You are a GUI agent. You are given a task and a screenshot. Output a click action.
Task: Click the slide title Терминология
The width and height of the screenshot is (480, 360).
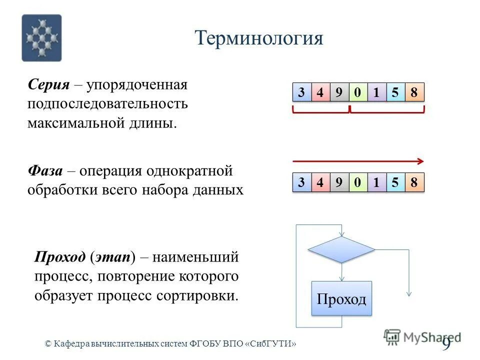pyautogui.click(x=258, y=38)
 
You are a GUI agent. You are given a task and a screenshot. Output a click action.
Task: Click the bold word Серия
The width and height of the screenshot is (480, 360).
pyautogui.click(x=48, y=84)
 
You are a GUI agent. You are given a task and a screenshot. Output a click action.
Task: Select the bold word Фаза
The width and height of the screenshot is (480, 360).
pyautogui.click(x=45, y=171)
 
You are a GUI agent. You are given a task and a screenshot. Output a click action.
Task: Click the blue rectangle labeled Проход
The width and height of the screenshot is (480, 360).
pyautogui.click(x=341, y=298)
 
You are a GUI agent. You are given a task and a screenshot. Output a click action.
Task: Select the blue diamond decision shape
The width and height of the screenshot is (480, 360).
pyautogui.click(x=341, y=249)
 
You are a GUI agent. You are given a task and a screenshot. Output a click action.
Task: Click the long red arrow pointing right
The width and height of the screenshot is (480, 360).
pyautogui.click(x=358, y=161)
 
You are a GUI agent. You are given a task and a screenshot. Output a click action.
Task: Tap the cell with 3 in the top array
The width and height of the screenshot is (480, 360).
pyautogui.click(x=301, y=92)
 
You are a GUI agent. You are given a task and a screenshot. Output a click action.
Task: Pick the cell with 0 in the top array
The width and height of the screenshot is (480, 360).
pyautogui.click(x=357, y=92)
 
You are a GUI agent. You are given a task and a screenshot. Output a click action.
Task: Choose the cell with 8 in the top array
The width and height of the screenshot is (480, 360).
pyautogui.click(x=413, y=92)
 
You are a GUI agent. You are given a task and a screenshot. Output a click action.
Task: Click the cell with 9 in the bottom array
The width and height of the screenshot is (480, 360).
pyautogui.click(x=338, y=182)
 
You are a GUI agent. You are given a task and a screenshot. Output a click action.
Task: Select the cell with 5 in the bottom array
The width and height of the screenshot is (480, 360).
pyautogui.click(x=395, y=182)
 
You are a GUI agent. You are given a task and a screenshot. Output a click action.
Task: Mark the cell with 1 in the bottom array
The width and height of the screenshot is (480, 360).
pyautogui.click(x=376, y=182)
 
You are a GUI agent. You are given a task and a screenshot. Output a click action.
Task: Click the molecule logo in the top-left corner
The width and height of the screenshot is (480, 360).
pyautogui.click(x=41, y=38)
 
